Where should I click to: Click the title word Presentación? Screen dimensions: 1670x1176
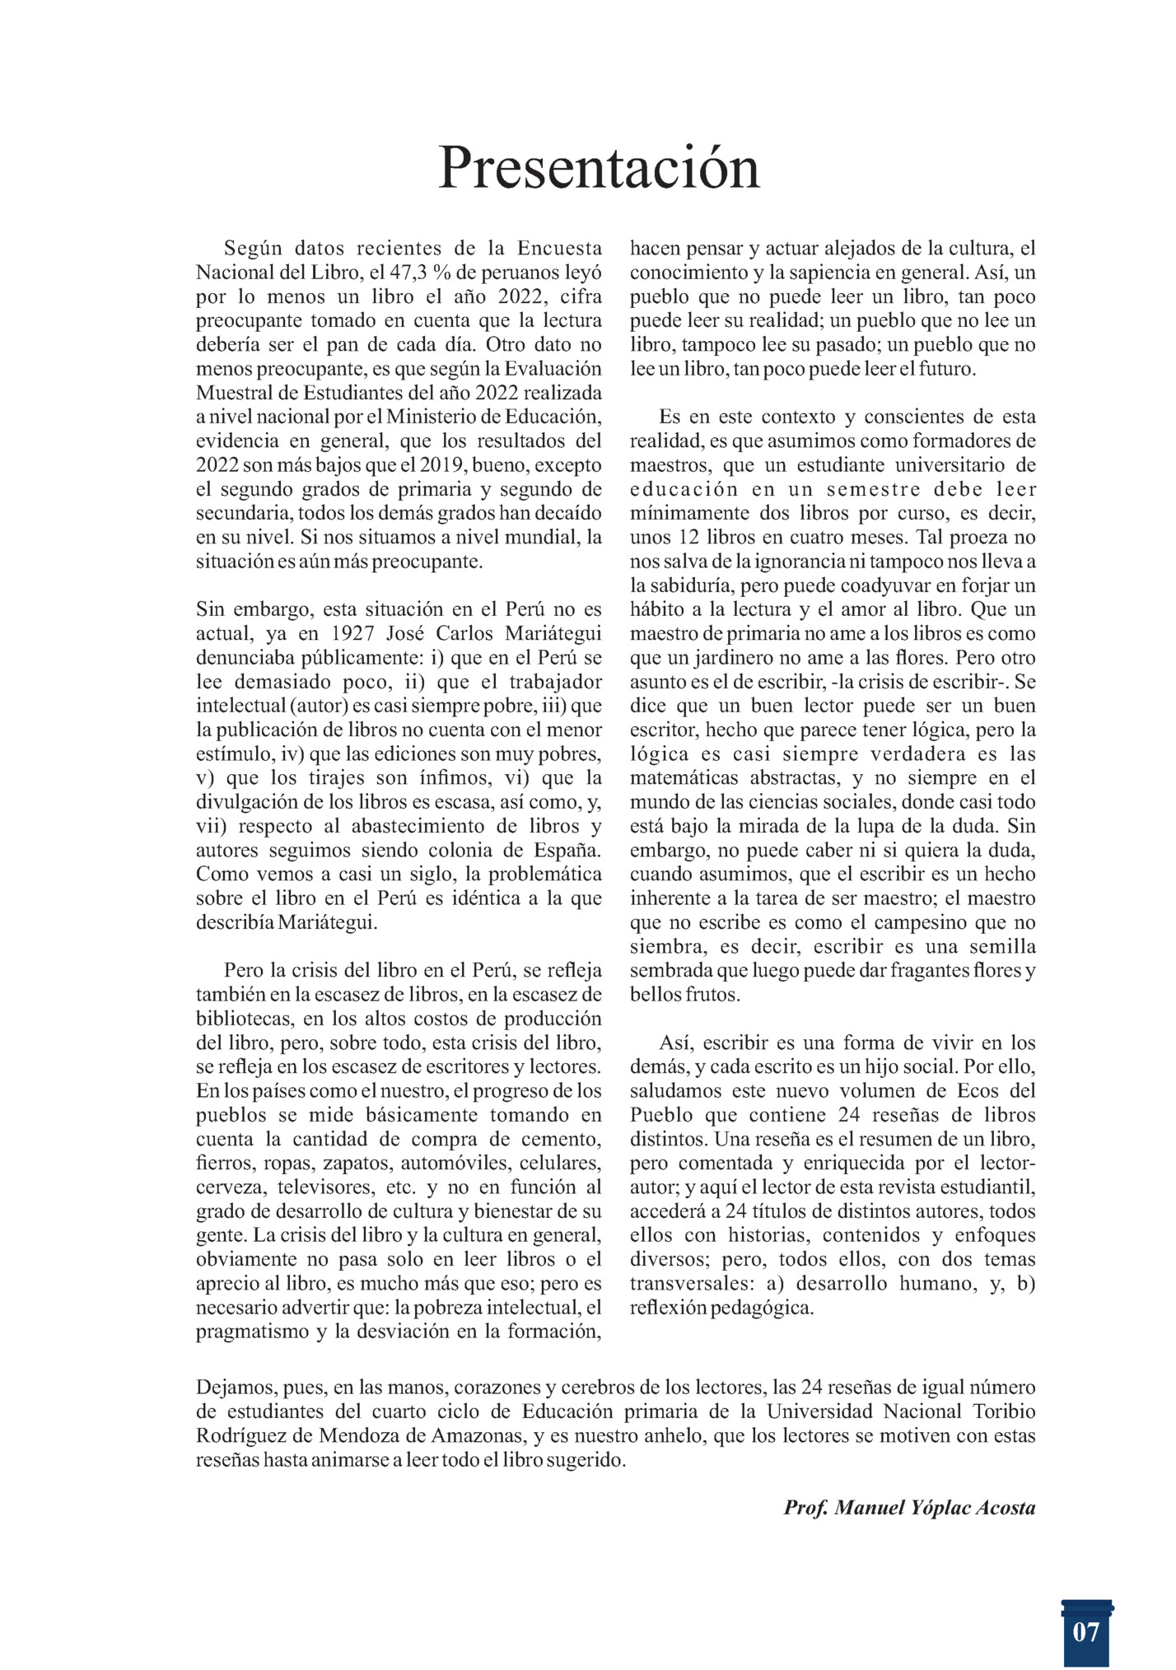(599, 168)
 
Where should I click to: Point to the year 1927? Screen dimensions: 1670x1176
(358, 634)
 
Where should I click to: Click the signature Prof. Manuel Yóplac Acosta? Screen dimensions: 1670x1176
(909, 1508)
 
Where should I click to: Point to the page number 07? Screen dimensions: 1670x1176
(1086, 1631)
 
